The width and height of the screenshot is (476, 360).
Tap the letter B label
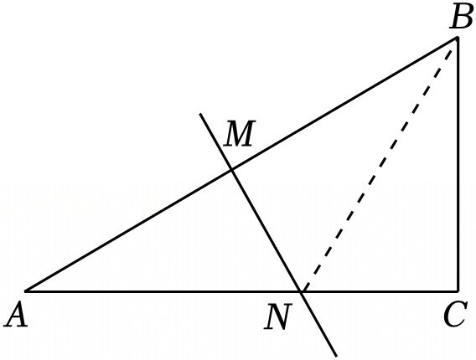point(461,17)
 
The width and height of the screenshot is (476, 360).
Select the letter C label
point(454,315)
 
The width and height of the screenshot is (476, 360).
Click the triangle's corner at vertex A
point(25,291)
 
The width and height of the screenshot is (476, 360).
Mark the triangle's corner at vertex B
point(458,38)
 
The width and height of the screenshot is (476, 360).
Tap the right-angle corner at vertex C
point(458,291)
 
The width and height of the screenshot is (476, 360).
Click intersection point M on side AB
point(232,170)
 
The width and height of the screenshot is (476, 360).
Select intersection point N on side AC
point(302,291)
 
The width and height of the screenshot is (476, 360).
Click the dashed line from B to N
point(378,167)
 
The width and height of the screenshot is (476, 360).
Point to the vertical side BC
point(458,164)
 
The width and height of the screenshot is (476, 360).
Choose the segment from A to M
point(128,231)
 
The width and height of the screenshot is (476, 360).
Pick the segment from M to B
point(344,104)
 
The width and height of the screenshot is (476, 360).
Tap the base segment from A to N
point(163,291)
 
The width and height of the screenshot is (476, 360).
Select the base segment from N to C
point(380,291)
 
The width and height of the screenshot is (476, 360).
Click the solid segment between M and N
point(266,231)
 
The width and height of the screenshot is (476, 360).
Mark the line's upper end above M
point(199,114)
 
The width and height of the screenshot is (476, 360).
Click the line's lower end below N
point(336,356)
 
